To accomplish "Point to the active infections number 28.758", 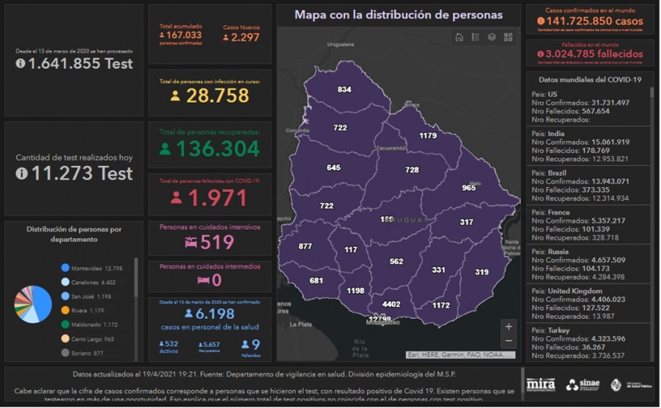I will pyautogui.click(x=217, y=96).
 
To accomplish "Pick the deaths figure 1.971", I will pyautogui.click(x=217, y=197).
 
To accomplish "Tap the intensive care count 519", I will pyautogui.click(x=217, y=242).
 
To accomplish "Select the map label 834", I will pyautogui.click(x=344, y=89).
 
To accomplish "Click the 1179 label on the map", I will pyautogui.click(x=427, y=135).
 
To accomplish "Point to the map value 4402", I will pyautogui.click(x=391, y=304).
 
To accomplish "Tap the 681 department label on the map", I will pyautogui.click(x=316, y=280).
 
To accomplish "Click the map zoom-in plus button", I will pyautogui.click(x=508, y=327).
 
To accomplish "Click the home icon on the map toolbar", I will pyautogui.click(x=459, y=37).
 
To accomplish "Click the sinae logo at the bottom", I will pyautogui.click(x=583, y=385).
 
